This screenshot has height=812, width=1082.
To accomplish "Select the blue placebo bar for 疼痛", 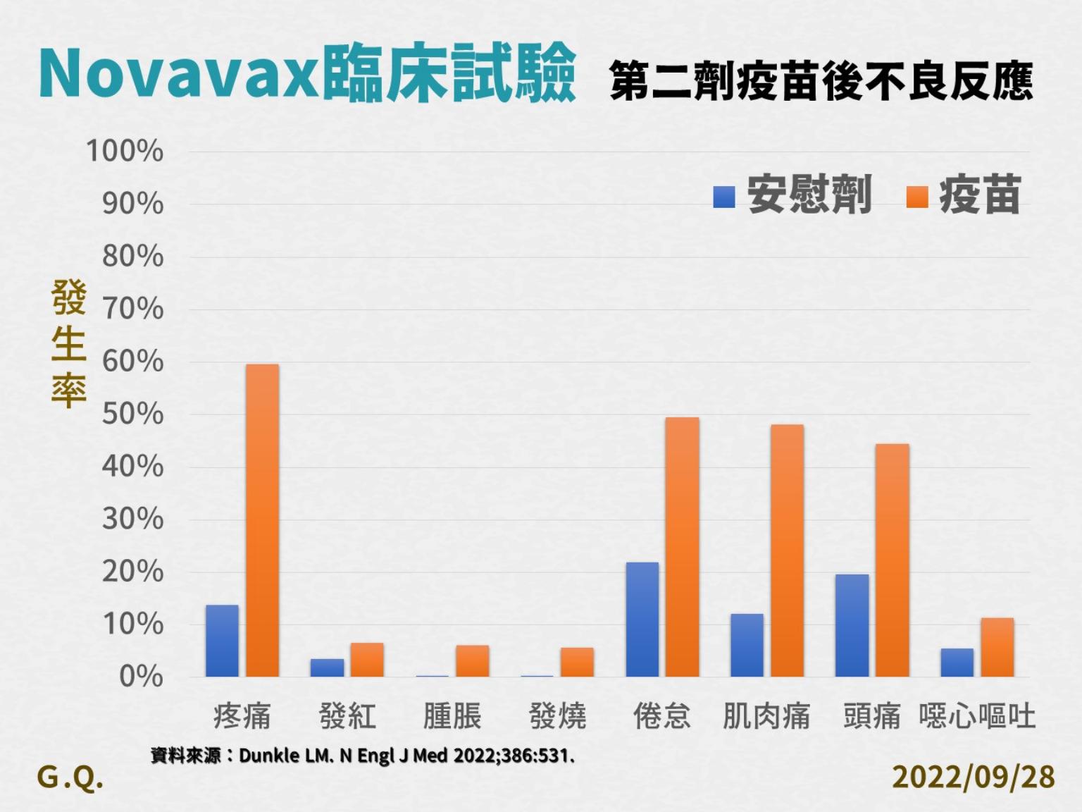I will [222, 641].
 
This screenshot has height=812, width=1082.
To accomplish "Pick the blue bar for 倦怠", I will [642, 620].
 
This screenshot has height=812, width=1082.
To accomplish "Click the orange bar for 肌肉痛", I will [787, 550].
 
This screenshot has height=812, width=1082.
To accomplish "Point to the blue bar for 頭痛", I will [852, 625].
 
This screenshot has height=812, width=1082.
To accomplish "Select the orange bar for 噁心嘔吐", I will [997, 647].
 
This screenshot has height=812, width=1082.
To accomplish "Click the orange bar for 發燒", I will [577, 662].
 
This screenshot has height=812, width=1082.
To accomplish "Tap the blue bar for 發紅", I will [327, 668].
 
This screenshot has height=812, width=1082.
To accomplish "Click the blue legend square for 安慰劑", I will [723, 197].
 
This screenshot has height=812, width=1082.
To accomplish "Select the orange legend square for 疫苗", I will [916, 197].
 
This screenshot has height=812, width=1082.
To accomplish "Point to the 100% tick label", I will [124, 151].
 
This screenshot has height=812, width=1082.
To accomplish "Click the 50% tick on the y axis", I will [132, 414].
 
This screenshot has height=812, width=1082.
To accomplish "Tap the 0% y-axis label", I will [141, 677].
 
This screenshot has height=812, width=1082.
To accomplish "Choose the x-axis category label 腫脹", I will [452, 716].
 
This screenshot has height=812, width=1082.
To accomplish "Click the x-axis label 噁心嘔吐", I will [977, 716].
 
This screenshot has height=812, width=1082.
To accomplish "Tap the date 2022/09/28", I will [973, 777].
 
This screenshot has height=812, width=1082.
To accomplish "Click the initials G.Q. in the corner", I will [70, 777].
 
